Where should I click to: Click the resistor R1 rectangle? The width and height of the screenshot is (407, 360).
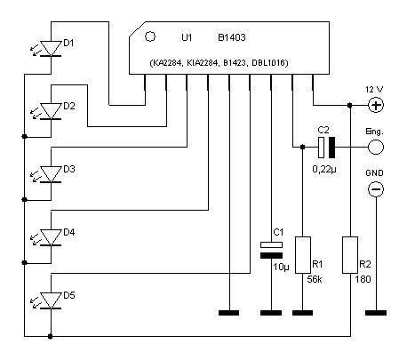pos(303,255)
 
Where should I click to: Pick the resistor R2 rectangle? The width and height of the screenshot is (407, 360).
pos(350,255)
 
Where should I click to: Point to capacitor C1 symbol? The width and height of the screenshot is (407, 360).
pos(271,250)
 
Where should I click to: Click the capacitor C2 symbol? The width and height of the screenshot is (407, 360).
pos(326,147)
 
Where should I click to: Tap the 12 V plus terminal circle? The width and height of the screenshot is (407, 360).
pos(376,105)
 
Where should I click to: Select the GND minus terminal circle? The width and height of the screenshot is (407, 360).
pos(376,189)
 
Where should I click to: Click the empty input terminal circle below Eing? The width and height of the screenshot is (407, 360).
pos(376,147)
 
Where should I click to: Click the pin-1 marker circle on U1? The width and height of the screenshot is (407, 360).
pos(150,36)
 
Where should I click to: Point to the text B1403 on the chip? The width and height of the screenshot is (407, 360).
pos(232,37)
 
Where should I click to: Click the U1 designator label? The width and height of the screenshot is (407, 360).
pos(187,37)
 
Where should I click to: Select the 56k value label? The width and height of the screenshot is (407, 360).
pos(315,279)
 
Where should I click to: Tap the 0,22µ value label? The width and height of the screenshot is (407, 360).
pos(324,170)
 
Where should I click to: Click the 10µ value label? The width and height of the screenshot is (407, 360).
pos(281,267)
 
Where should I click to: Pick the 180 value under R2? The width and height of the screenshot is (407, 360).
pos(363,279)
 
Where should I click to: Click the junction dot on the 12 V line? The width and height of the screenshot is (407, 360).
pos(350,105)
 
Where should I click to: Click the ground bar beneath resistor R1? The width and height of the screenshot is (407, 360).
pos(302,313)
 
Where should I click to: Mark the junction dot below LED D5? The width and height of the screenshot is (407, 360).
pos(51,336)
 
